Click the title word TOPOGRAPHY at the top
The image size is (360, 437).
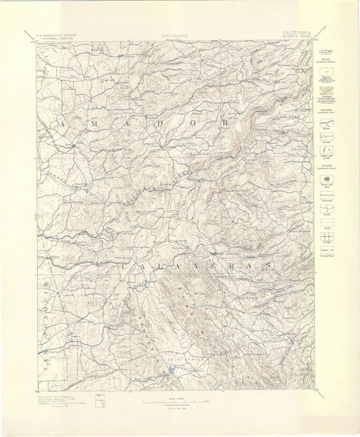[x=175, y=36]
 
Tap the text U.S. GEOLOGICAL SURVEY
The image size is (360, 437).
[x=57, y=34]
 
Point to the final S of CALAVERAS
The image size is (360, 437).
[x=267, y=265]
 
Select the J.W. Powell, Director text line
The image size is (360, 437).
[x=57, y=39]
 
